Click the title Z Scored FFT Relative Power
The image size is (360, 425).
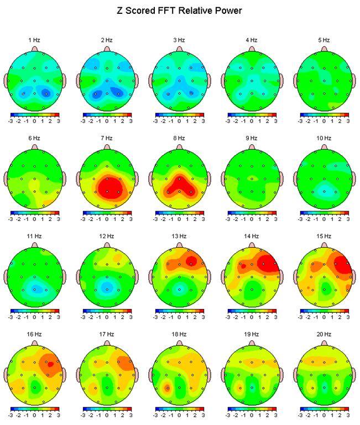tap(180, 11)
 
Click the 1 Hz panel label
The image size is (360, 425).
tap(34, 40)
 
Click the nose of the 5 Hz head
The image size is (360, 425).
tap(324, 49)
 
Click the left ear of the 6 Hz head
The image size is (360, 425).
tap(7, 179)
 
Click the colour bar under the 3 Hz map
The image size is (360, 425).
tap(179, 114)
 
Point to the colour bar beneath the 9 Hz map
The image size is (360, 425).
tap(252, 212)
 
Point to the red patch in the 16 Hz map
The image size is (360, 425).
tap(50, 364)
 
